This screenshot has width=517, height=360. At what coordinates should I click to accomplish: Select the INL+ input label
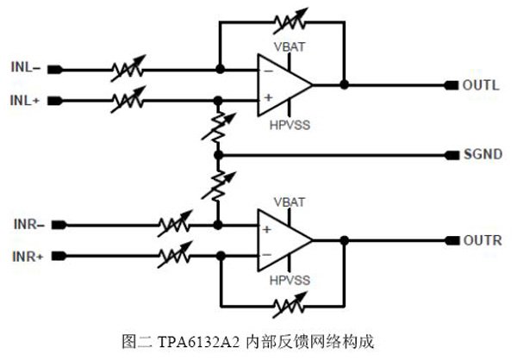point(27,101)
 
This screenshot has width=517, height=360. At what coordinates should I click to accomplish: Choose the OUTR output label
point(482,240)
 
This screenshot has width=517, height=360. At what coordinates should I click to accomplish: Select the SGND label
point(482,155)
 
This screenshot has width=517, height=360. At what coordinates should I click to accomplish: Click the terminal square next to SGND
point(451,155)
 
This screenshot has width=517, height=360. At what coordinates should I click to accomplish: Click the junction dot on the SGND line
point(219,155)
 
